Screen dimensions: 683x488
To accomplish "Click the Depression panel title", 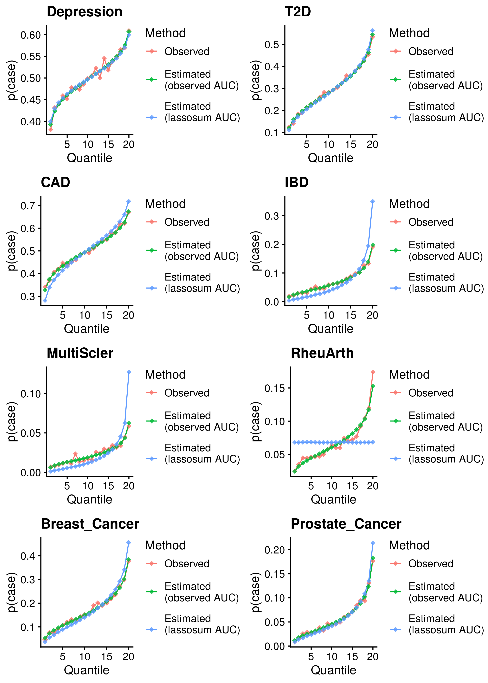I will (84, 12).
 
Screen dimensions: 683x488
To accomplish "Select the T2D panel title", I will (297, 12).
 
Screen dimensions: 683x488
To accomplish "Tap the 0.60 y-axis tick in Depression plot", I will (30, 35).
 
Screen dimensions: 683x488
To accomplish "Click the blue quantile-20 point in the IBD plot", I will (373, 201).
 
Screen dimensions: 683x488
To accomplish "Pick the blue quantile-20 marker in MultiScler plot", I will (129, 372).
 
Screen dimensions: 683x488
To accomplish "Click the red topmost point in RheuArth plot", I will (373, 372).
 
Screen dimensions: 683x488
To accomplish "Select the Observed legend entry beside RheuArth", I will (430, 393).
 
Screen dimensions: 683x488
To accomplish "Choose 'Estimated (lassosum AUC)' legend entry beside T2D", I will (446, 112).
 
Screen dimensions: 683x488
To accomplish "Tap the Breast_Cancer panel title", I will (90, 524).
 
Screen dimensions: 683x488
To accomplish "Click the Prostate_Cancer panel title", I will (346, 524).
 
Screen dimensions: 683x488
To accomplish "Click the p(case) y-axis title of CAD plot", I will (11, 251).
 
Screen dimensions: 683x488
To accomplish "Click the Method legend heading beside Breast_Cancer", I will (165, 545).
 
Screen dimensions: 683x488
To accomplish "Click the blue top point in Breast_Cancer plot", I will (129, 543).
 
